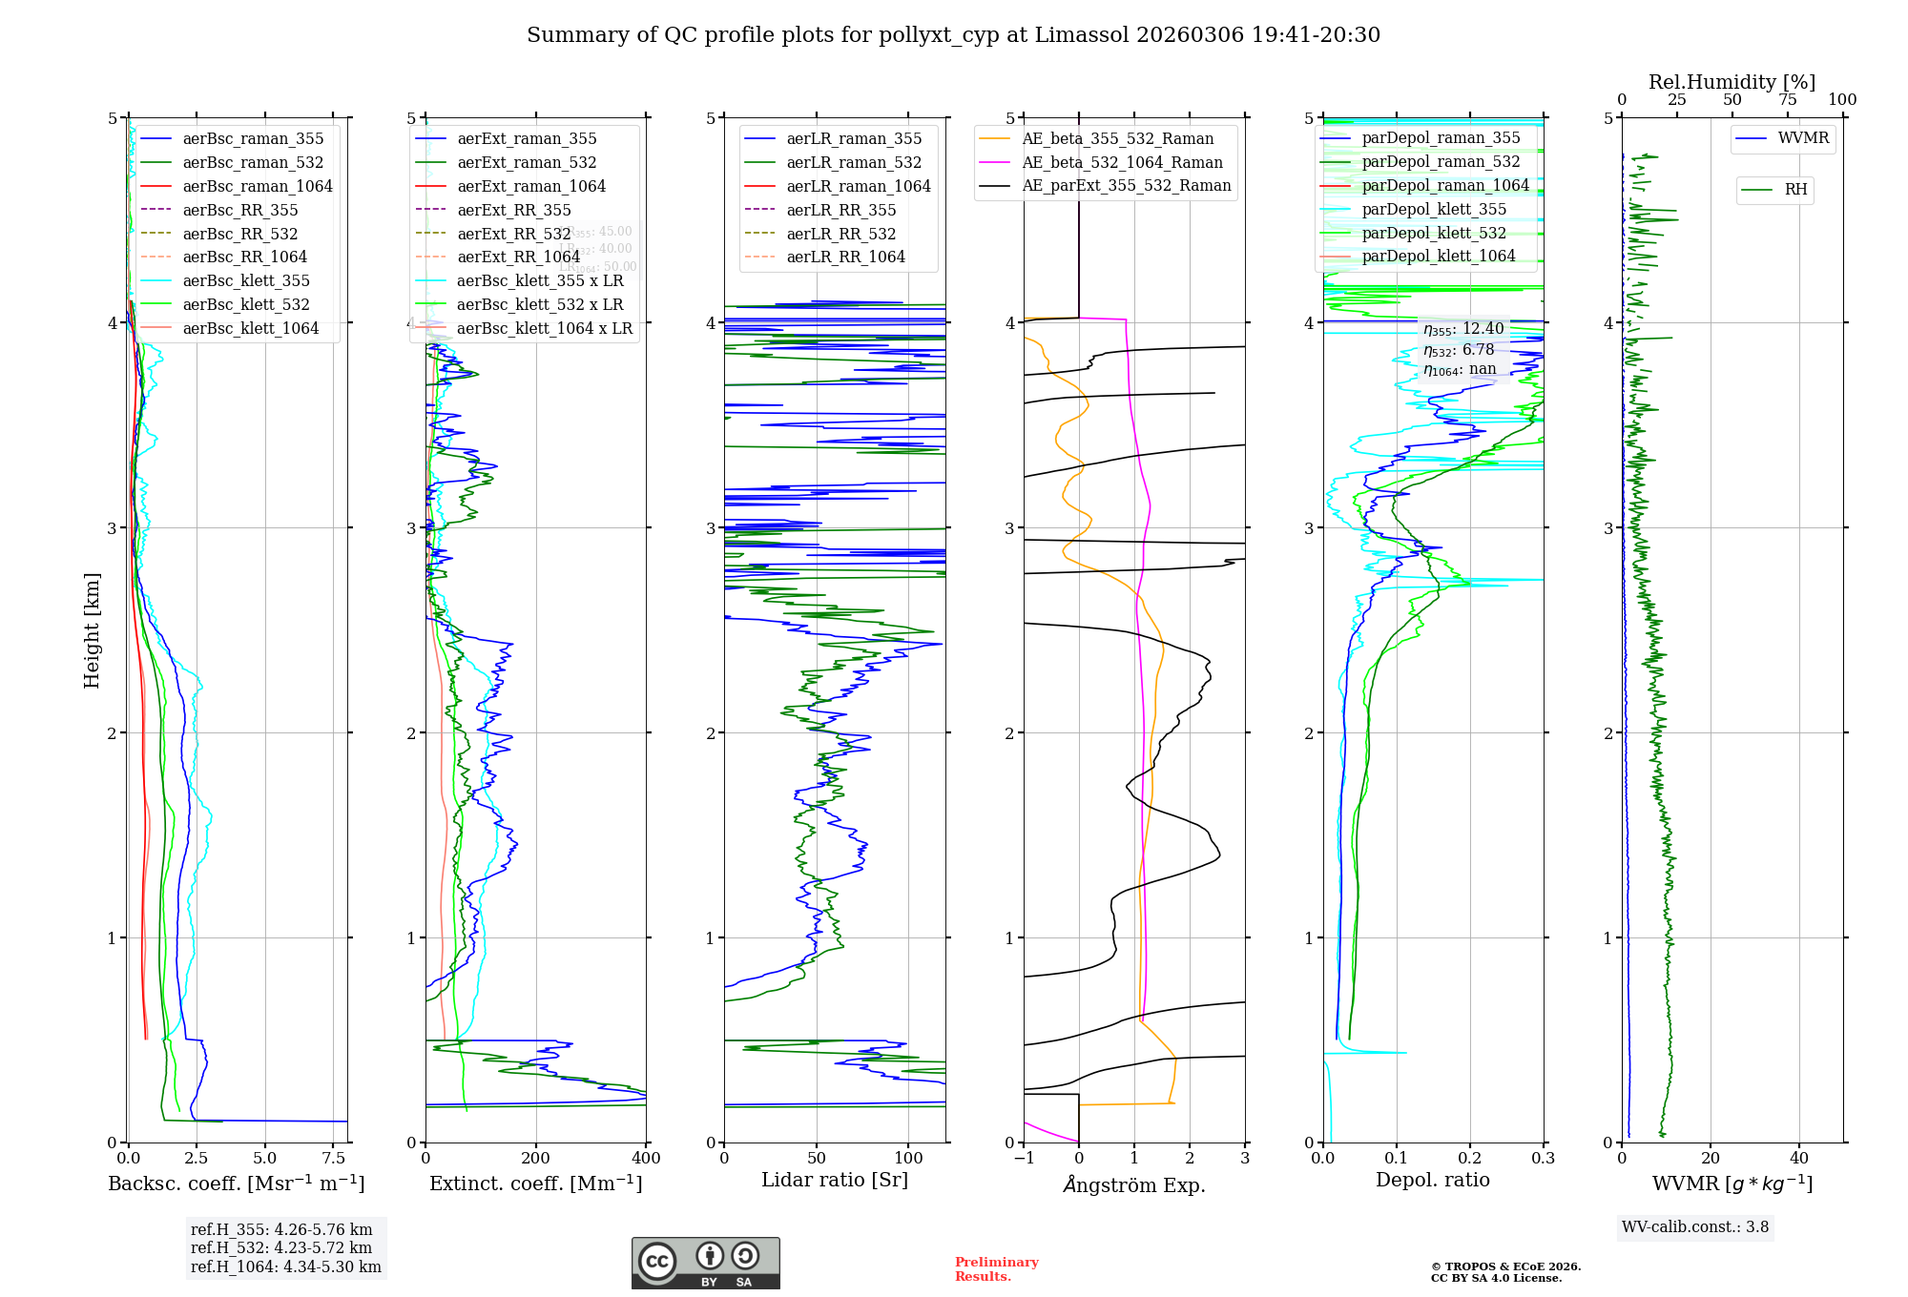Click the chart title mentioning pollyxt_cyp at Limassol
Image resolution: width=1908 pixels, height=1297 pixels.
953,35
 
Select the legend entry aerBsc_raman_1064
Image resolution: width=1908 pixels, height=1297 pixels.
257,186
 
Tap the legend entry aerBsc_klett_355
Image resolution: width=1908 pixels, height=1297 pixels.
245,280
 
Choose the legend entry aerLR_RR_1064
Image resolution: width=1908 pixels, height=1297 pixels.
845,257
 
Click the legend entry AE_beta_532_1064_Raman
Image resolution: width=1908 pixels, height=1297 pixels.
1122,162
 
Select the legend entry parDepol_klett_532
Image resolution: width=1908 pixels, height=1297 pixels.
1433,233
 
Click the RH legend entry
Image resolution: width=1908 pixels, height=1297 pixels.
1795,190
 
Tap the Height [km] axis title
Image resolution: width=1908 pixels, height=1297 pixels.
92,629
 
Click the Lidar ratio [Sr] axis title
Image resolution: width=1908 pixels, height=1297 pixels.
835,1180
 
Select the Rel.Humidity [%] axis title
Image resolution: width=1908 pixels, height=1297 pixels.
1732,82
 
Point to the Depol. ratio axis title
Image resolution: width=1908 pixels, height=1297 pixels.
1432,1180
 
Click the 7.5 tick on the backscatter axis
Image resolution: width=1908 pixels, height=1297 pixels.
334,1159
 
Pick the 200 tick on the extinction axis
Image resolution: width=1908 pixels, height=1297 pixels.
536,1159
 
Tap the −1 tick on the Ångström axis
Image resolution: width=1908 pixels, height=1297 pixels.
1024,1159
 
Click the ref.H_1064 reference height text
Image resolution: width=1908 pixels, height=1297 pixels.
285,1266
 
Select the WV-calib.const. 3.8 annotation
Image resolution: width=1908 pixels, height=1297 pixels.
1695,1227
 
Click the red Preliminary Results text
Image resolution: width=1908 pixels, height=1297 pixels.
996,1269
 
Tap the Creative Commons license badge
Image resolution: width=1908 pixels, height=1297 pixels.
705,1263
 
